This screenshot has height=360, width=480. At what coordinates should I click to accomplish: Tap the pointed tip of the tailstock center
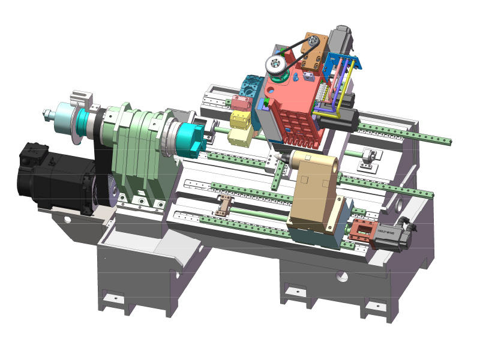(x=277, y=160)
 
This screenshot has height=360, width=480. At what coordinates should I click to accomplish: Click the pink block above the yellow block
(x=241, y=103)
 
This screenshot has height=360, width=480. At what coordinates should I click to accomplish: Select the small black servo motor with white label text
(x=393, y=236)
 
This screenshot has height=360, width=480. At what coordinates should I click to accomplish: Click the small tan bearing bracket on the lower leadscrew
(x=224, y=205)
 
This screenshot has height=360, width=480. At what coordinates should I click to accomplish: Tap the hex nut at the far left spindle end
(x=46, y=114)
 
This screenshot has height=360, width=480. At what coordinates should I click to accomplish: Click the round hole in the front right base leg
(x=341, y=277)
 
